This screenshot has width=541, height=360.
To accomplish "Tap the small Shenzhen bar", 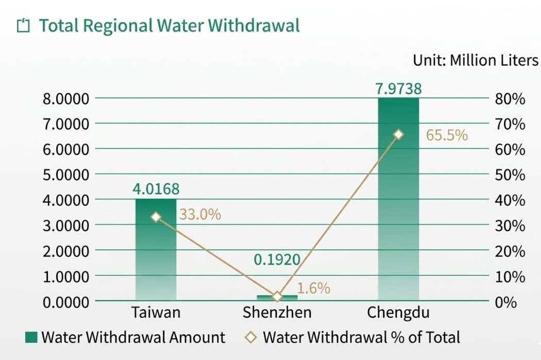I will point(277,298).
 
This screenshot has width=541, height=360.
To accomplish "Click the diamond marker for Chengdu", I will point(398,134).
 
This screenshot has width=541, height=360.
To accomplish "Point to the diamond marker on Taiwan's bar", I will point(156,217).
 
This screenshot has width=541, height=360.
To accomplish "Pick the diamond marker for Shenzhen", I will point(277,297).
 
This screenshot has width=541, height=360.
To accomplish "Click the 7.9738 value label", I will point(398,89).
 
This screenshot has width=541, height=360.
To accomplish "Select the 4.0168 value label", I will point(156,189).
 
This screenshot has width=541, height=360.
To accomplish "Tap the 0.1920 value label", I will point(277,259).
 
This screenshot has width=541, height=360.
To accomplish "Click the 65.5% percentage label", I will point(447,135).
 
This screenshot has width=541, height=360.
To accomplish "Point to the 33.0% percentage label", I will point(200,214).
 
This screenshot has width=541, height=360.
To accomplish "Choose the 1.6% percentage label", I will point(314,288).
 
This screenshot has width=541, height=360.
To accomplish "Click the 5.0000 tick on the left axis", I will point(65,175).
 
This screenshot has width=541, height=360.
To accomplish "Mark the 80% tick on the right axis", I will point(510,99).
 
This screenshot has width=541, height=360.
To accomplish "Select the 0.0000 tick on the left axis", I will point(65,302).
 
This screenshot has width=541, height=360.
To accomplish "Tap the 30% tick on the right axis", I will point(510,226).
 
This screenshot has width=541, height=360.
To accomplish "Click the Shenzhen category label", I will point(277,313).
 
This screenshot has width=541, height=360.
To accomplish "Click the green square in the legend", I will point(31,337).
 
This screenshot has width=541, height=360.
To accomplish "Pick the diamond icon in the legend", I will point(251,337).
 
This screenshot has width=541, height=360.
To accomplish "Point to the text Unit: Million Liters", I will point(475,60).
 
